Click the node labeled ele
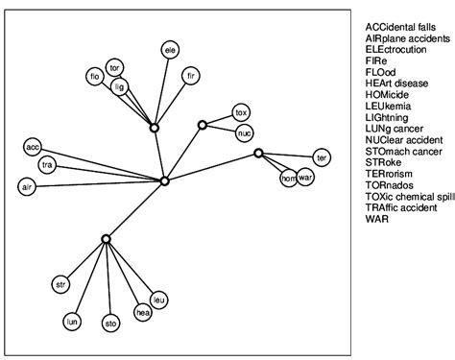pos(171,49)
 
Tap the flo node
pos(94,76)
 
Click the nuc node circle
pos(245,132)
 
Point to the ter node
pos(323,156)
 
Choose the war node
pos(306,178)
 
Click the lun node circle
pos(71,321)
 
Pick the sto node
pos(111,323)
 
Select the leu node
pos(159,300)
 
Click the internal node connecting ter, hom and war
pos(258,153)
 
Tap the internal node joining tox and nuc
pos(203,125)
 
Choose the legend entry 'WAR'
pos(376,220)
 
